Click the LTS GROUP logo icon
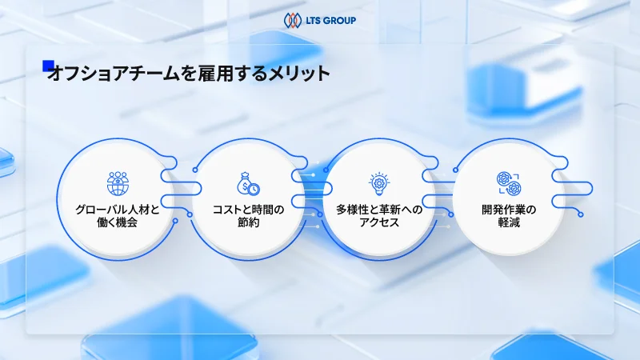point(292,18)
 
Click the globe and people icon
point(118,182)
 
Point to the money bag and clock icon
point(248,183)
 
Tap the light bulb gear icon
point(378,183)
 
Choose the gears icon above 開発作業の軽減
point(509,182)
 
